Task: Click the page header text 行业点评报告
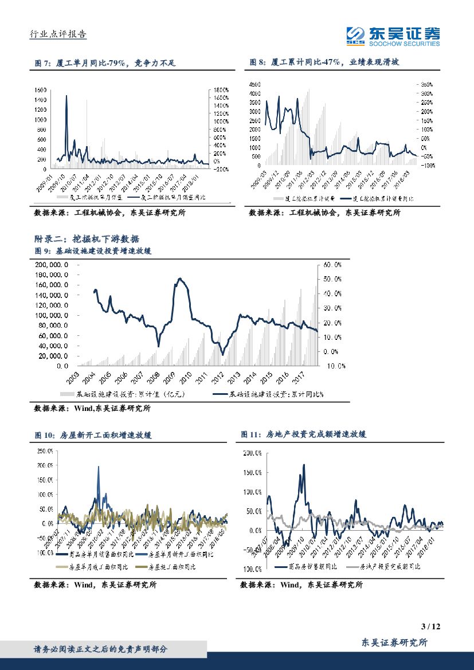57,34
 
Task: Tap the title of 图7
103,63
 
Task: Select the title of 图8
324,63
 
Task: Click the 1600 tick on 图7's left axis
40,90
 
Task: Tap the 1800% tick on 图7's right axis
221,90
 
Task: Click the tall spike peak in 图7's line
66,96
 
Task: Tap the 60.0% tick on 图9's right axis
332,265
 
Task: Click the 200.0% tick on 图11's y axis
251,453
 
